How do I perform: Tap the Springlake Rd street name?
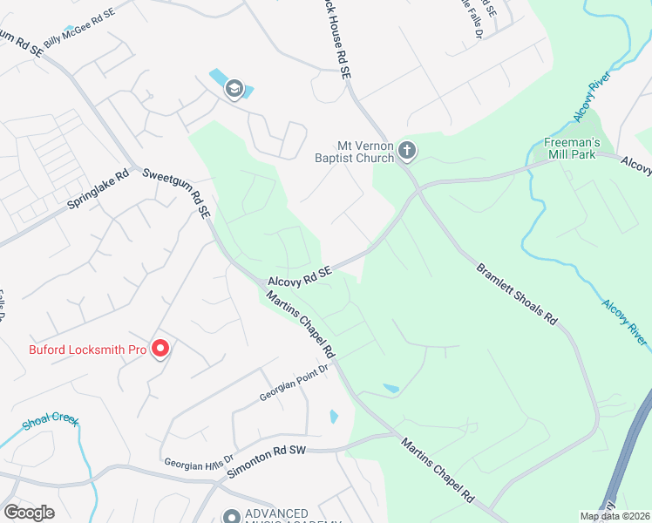(98, 192)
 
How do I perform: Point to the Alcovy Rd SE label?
(301, 277)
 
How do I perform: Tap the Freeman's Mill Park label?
(570, 147)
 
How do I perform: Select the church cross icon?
(406, 153)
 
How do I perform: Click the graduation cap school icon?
(234, 89)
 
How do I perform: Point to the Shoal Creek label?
(51, 420)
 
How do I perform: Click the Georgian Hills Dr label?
(199, 460)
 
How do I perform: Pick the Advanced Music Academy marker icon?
(230, 517)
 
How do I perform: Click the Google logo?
(29, 513)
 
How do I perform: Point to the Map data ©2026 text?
(615, 516)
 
